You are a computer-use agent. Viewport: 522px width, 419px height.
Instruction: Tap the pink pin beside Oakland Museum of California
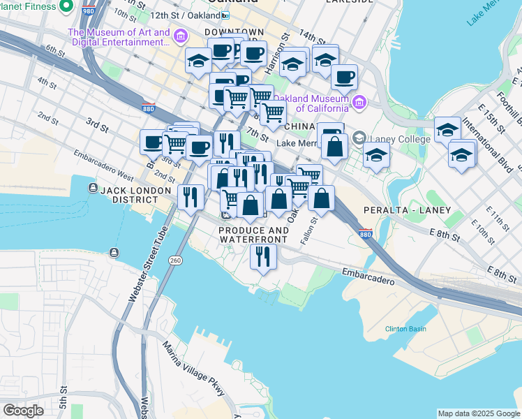coord(359,103)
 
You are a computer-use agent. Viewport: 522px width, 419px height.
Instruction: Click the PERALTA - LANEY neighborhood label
coord(407,210)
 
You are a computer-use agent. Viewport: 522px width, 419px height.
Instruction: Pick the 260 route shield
coord(175,260)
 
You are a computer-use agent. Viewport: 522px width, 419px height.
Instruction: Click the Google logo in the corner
coord(23,411)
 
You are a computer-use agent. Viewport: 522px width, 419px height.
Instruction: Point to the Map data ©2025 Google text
coord(479,413)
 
